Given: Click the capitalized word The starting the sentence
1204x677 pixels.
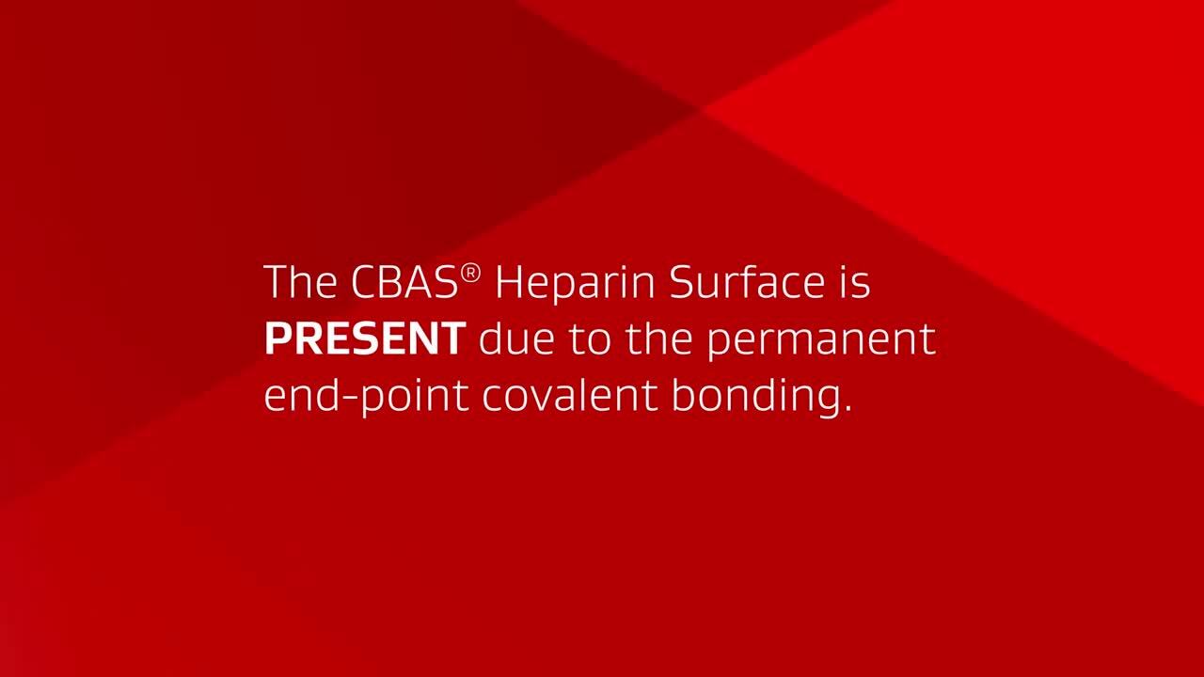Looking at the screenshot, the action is [300, 281].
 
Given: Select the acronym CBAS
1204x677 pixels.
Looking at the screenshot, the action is [404, 281].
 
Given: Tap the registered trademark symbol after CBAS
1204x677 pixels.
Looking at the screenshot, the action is [470, 274].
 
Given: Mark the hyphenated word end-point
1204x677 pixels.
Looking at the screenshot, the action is [367, 397].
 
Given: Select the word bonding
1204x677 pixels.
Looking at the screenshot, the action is [752, 397].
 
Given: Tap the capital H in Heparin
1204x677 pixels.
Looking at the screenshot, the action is [509, 281].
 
